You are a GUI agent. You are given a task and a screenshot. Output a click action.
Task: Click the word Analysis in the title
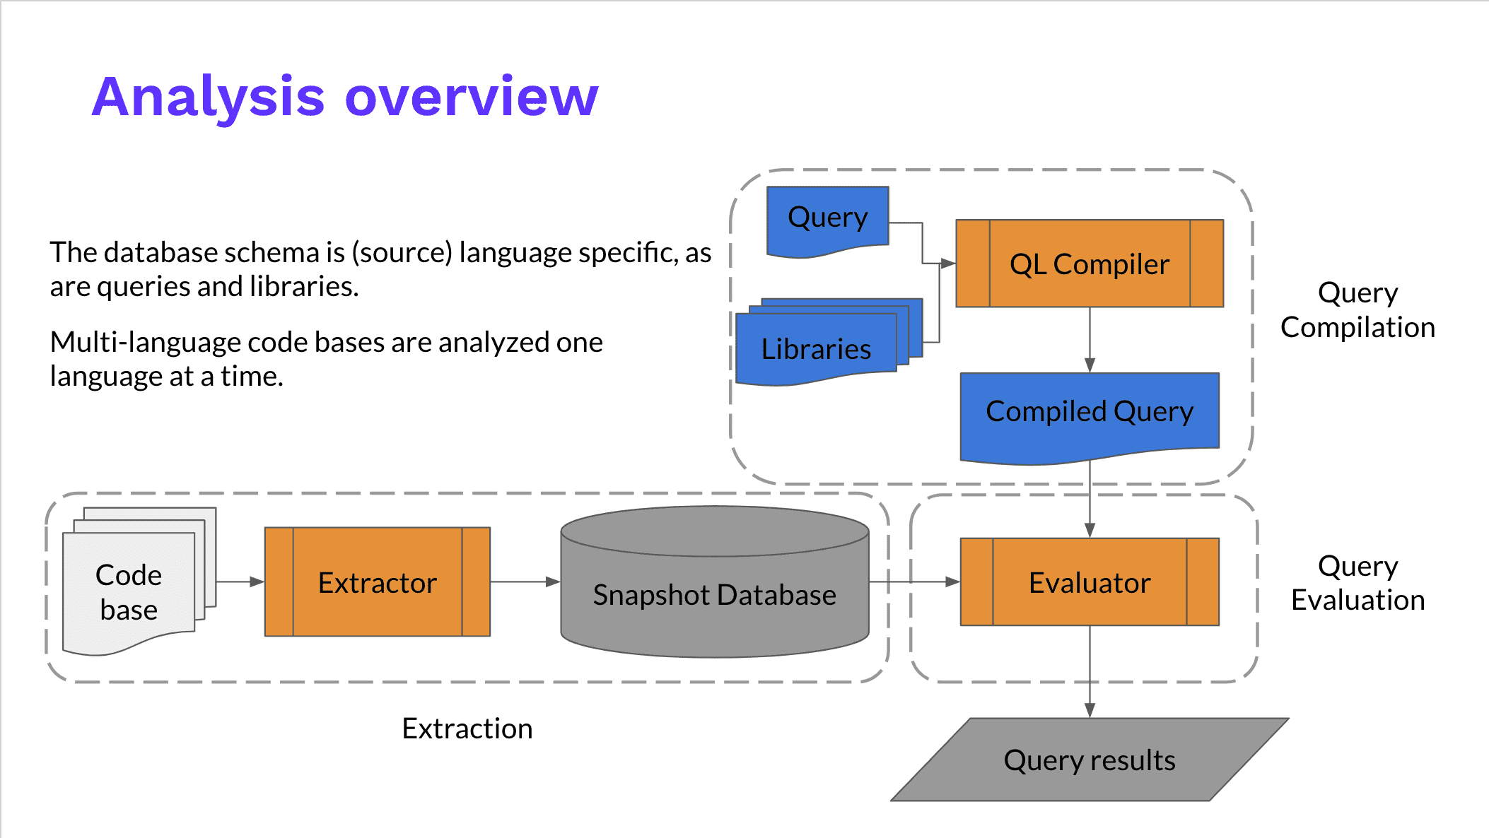(x=208, y=97)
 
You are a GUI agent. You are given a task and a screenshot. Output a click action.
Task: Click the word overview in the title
(x=472, y=97)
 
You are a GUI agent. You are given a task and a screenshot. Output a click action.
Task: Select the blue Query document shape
(x=827, y=218)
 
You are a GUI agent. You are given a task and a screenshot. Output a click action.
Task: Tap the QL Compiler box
(x=1089, y=264)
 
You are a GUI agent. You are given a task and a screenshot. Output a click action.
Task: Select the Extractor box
(x=377, y=582)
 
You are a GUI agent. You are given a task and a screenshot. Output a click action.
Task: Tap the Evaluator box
(x=1089, y=582)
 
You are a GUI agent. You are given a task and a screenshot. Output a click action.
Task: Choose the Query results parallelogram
(x=1089, y=760)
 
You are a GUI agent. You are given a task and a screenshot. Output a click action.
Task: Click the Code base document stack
(x=129, y=592)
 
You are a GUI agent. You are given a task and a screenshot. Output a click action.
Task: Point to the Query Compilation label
(x=1357, y=310)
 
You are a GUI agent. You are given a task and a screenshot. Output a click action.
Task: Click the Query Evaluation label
(x=1357, y=583)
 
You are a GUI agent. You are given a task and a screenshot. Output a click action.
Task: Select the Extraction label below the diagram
(x=467, y=728)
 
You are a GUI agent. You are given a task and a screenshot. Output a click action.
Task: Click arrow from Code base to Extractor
(x=240, y=582)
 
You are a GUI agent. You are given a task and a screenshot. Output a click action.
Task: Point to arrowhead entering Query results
(x=1090, y=710)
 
